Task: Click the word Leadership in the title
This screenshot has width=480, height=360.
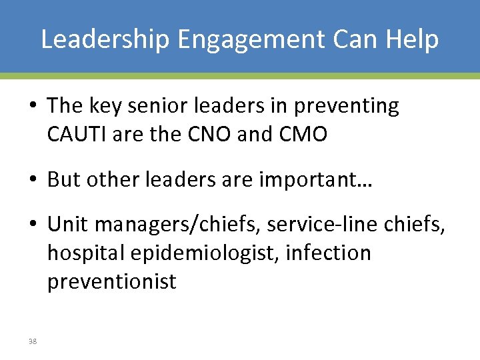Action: pyautogui.click(x=105, y=39)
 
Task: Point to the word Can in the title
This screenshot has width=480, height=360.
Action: pyautogui.click(x=351, y=39)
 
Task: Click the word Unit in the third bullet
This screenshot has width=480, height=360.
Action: pyautogui.click(x=67, y=225)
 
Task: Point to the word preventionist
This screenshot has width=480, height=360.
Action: pyautogui.click(x=111, y=281)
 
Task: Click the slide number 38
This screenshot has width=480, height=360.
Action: pyautogui.click(x=33, y=340)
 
